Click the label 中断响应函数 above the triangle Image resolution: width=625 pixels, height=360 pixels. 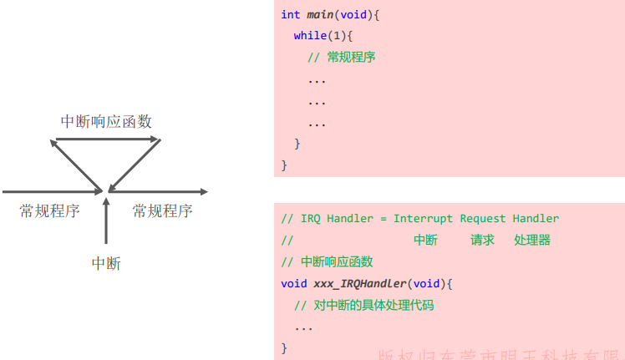[106, 121]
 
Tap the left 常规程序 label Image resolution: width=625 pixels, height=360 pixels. [50, 211]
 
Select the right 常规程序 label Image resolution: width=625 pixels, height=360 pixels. [162, 211]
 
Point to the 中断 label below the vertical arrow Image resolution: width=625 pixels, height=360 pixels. [106, 264]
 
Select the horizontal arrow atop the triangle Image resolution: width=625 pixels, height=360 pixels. [106, 140]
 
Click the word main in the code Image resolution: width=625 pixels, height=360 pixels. [320, 15]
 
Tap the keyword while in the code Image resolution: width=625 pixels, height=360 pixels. [311, 36]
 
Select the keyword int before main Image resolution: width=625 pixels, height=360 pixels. [290, 15]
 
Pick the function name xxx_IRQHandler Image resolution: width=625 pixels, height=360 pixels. [362, 283]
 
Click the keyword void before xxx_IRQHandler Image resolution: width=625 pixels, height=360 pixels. [293, 283]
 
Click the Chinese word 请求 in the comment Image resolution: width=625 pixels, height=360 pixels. [482, 240]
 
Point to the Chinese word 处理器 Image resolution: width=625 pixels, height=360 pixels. [532, 240]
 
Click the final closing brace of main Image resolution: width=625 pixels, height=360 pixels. [284, 165]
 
